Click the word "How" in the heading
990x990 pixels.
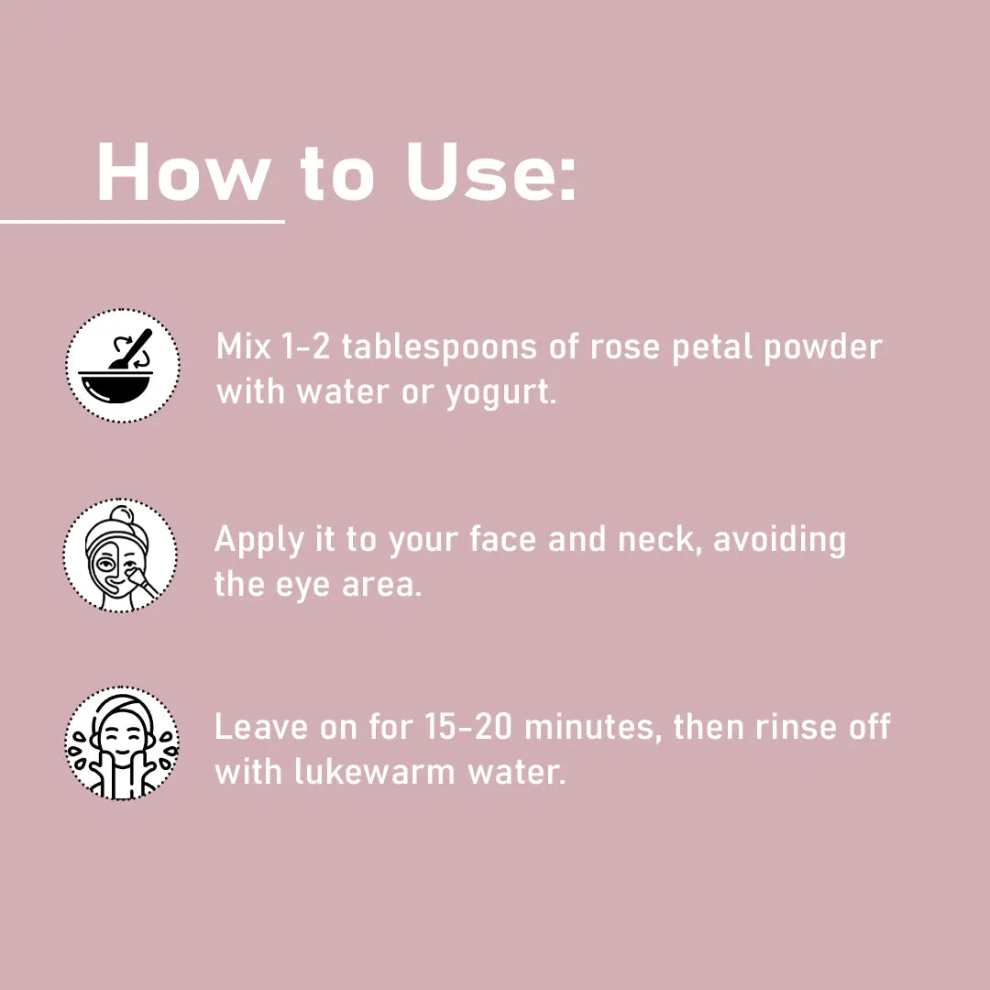point(184,171)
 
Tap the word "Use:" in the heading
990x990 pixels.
point(491,171)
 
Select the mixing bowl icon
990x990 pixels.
point(123,366)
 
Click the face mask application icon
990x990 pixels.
point(120,555)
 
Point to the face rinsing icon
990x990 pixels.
point(122,743)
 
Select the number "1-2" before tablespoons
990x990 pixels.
point(305,346)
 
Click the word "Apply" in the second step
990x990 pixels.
point(258,541)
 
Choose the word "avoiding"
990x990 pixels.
point(779,541)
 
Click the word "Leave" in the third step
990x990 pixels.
point(261,727)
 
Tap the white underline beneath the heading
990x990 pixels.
point(142,222)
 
